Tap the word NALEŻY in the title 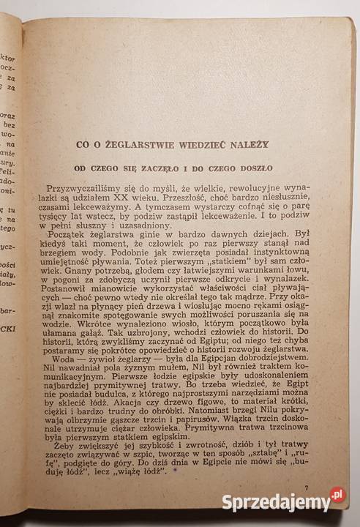(248, 145)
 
